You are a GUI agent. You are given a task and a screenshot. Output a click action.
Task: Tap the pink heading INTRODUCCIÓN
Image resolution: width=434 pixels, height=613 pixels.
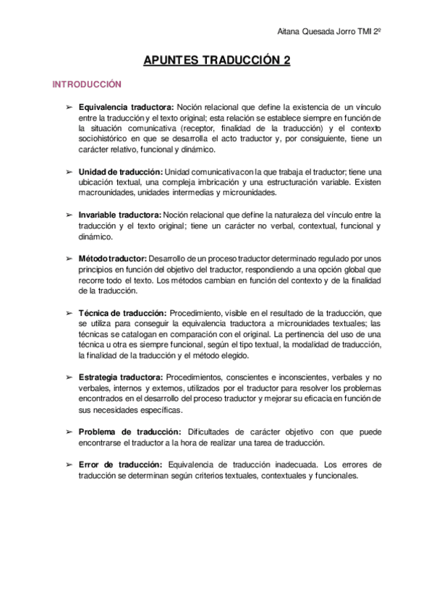coord(87,85)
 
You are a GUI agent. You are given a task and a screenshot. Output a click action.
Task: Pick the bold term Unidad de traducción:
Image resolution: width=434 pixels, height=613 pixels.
coord(120,171)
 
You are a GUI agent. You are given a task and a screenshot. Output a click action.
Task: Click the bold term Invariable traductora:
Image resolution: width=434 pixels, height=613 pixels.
coord(120,215)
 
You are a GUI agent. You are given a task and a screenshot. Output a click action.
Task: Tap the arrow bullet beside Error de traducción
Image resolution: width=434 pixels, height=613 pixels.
coord(69,465)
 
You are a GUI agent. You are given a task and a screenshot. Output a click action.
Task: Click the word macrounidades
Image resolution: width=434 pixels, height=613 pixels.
coord(106,193)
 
